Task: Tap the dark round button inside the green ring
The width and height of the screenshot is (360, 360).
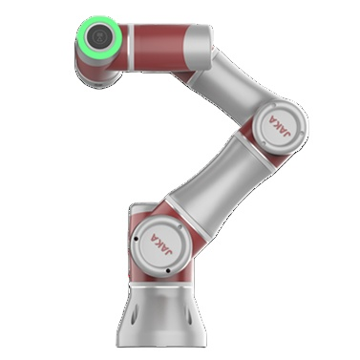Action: tap(99, 35)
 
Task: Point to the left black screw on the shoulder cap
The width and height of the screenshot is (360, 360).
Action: tap(136, 239)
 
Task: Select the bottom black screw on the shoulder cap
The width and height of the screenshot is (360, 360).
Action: tap(168, 271)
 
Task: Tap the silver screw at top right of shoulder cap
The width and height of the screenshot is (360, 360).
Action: tap(180, 227)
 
